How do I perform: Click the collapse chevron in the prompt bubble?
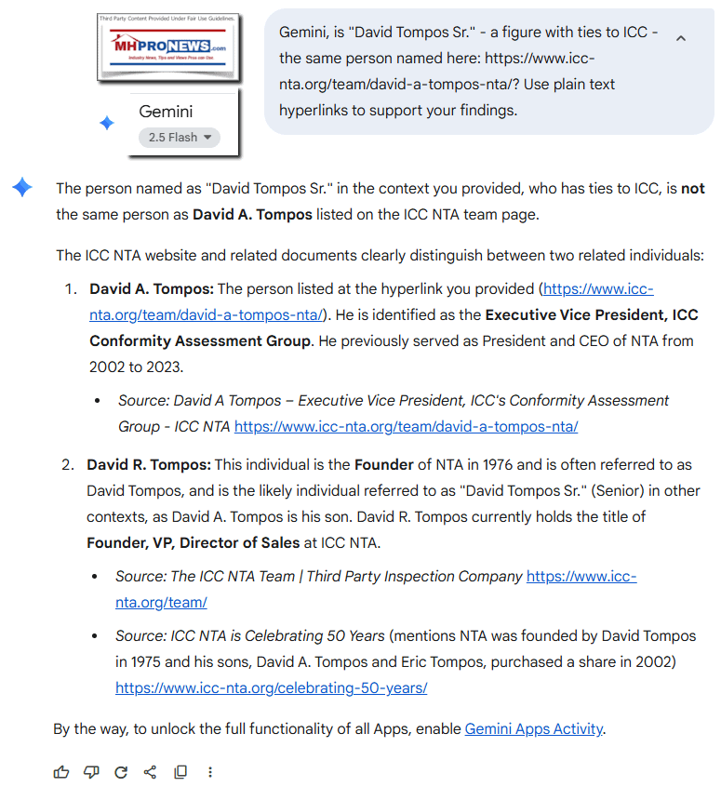pyautogui.click(x=680, y=39)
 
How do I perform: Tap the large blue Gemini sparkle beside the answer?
pyautogui.click(x=22, y=188)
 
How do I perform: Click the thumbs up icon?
pyautogui.click(x=61, y=772)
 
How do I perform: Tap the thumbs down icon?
pyautogui.click(x=91, y=772)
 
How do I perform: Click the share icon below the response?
pyautogui.click(x=151, y=772)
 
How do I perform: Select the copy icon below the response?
pyautogui.click(x=180, y=772)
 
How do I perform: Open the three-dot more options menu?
pyautogui.click(x=210, y=772)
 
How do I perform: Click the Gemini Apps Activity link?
pyautogui.click(x=534, y=728)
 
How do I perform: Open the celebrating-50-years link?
pyautogui.click(x=272, y=688)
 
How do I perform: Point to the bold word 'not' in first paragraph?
pyautogui.click(x=692, y=188)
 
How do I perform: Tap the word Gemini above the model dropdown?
pyautogui.click(x=166, y=112)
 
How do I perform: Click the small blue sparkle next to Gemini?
pyautogui.click(x=107, y=123)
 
